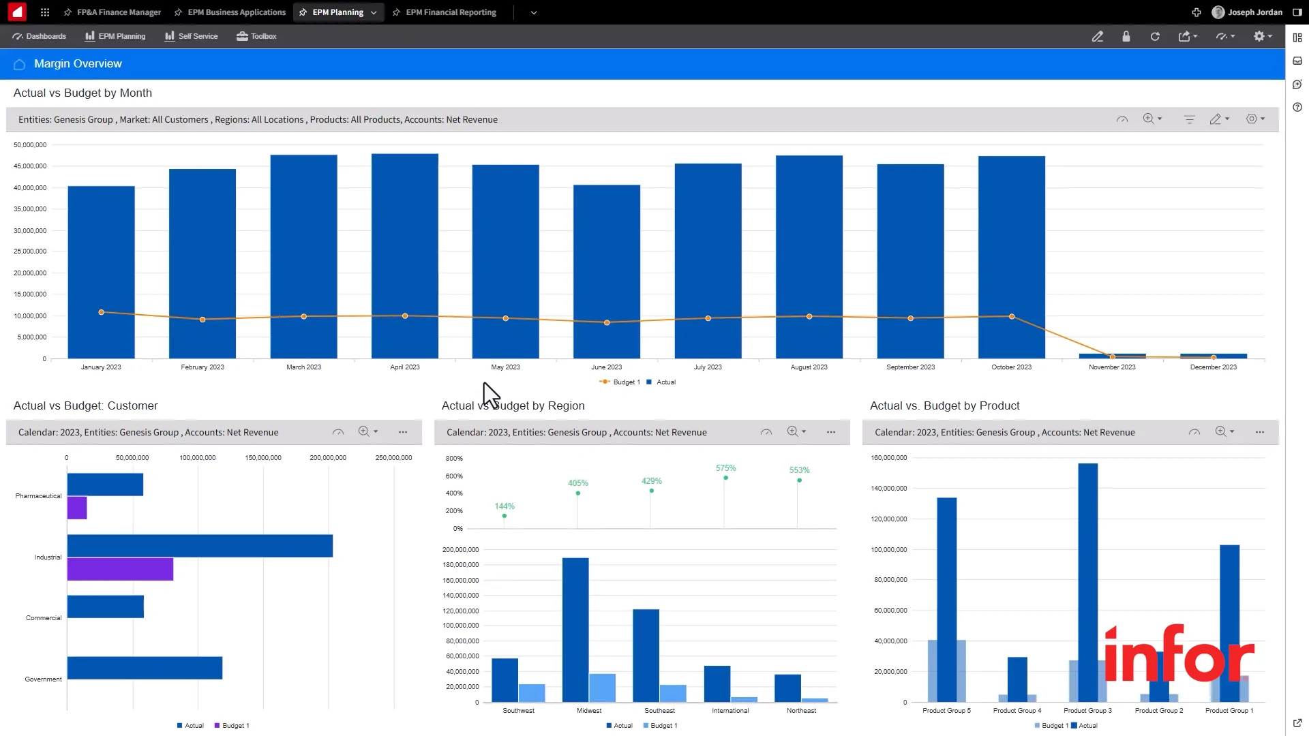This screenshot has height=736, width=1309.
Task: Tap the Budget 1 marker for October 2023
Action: (1012, 316)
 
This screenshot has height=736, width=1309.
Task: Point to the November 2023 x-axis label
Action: (1112, 367)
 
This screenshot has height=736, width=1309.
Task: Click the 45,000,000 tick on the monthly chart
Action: (30, 166)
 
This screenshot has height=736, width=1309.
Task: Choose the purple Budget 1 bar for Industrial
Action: (120, 569)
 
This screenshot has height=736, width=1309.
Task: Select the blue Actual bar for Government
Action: (145, 668)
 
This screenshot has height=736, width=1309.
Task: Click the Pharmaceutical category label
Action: (38, 496)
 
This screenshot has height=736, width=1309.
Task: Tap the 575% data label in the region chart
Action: (725, 468)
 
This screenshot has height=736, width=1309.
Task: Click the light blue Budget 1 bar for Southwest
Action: (532, 692)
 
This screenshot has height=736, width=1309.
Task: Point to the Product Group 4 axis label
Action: (1017, 711)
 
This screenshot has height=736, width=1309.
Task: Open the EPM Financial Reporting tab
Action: (451, 12)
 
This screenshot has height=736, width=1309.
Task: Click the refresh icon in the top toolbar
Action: (1155, 37)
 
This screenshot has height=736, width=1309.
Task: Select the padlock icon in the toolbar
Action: (1126, 37)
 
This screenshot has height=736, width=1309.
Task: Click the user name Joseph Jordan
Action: (1254, 12)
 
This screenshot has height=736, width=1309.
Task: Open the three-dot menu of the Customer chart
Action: (403, 432)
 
